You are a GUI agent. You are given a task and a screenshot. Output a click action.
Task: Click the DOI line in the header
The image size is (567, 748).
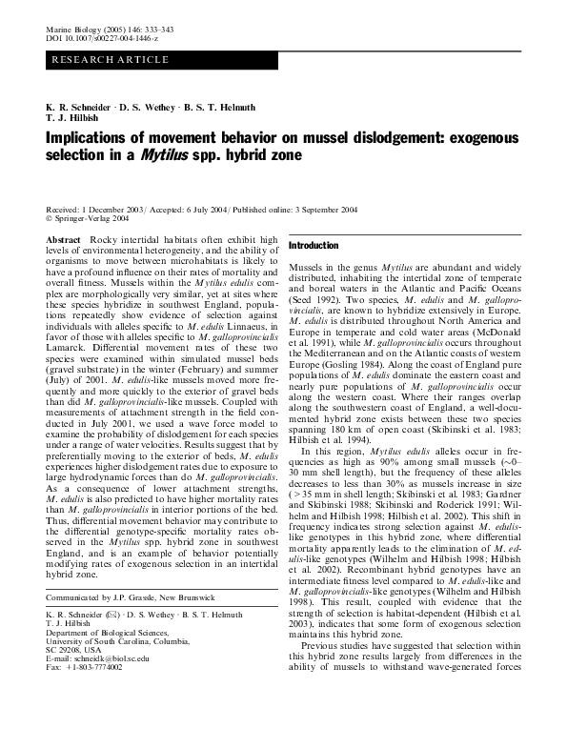(94, 41)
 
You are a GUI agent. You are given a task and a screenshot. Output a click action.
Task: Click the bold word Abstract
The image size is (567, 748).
(63, 239)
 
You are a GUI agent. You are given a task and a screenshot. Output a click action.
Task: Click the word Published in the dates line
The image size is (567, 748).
(251, 208)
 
